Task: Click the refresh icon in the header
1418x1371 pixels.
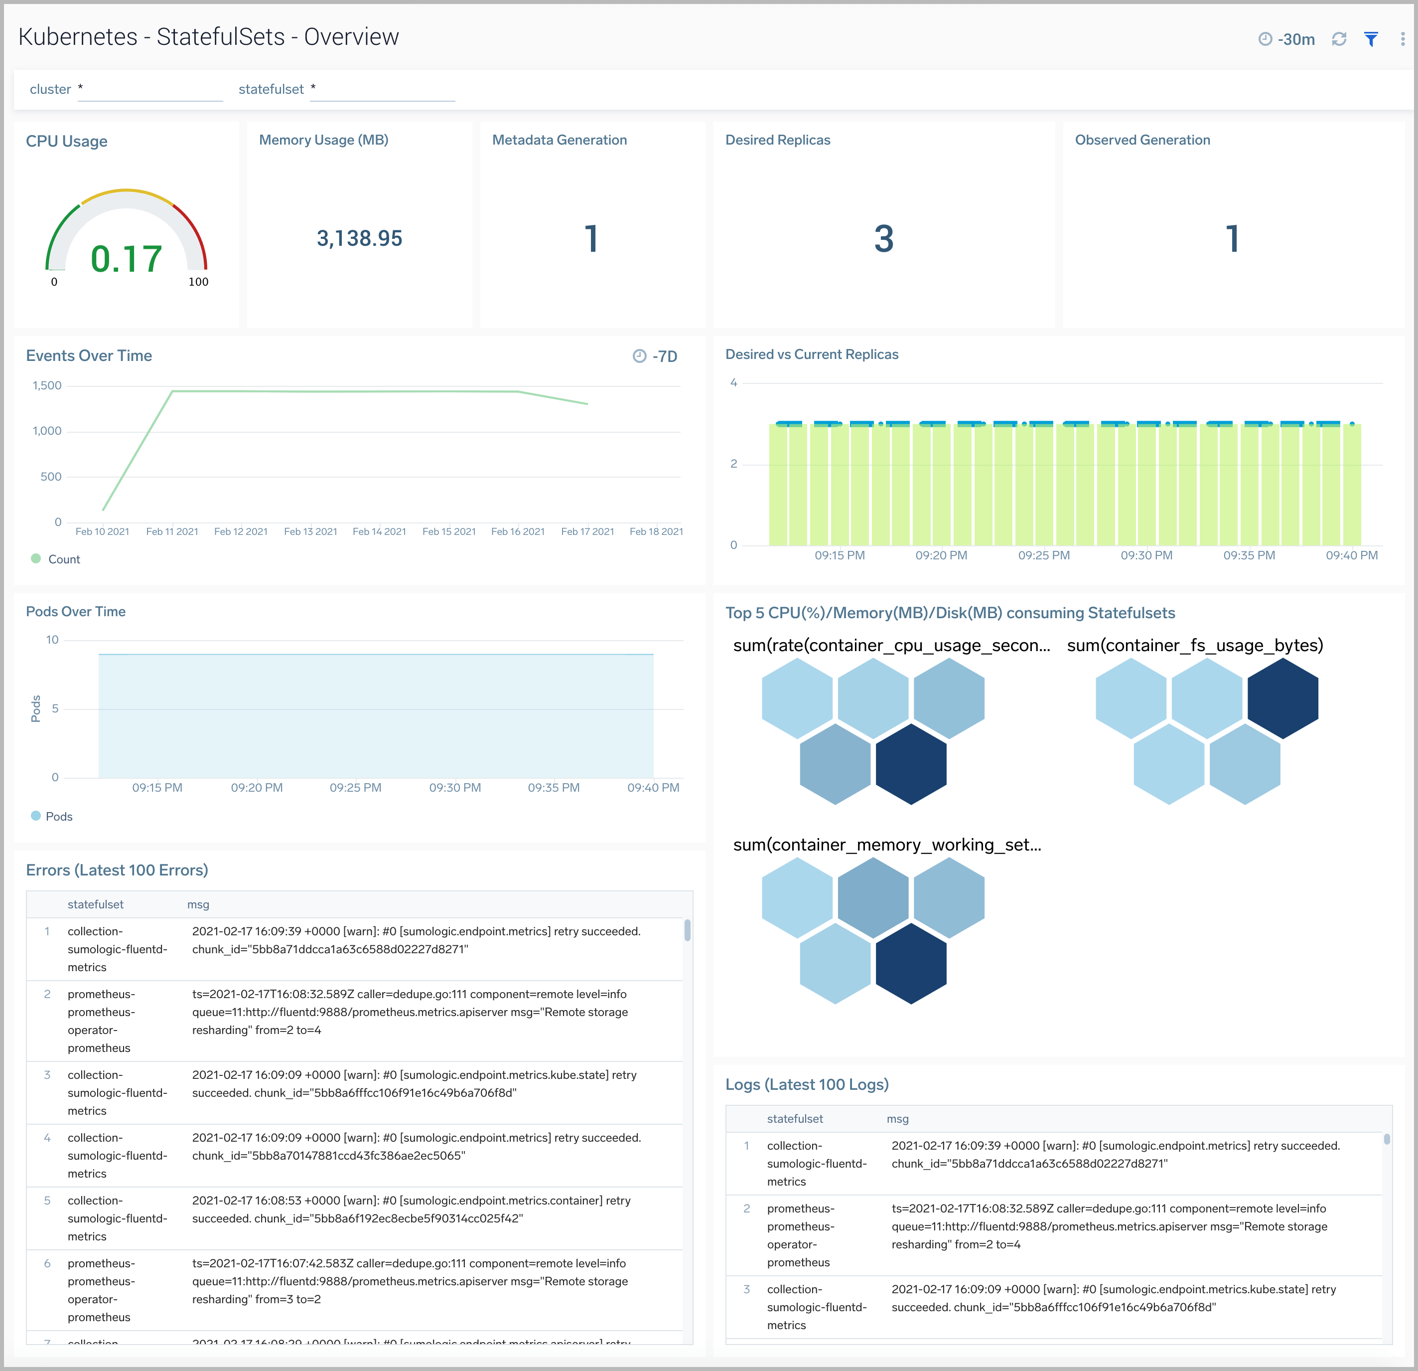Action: (x=1339, y=39)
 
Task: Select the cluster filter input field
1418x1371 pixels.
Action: (x=150, y=90)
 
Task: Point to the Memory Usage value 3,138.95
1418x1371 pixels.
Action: (x=360, y=238)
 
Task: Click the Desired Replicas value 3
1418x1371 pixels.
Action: (x=883, y=239)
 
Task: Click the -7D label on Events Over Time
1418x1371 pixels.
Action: (x=656, y=356)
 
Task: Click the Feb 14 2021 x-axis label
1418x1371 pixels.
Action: (x=379, y=531)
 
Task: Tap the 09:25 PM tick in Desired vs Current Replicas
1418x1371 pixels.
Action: (x=1043, y=555)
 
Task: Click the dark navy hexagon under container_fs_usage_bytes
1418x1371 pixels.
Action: (x=1282, y=698)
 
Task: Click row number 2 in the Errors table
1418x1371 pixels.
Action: (x=47, y=994)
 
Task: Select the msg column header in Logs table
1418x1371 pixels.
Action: (x=897, y=1118)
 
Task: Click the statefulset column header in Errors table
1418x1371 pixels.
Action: (x=96, y=904)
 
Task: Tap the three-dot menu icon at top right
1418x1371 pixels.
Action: (x=1402, y=39)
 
